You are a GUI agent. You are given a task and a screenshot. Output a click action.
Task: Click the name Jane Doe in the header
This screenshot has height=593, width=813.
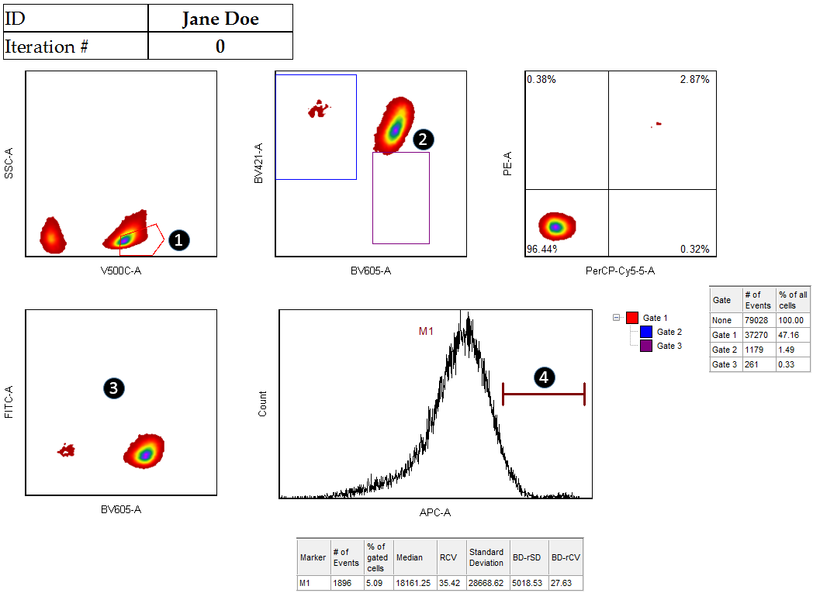[220, 19]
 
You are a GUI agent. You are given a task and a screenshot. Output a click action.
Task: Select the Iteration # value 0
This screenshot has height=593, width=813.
[220, 47]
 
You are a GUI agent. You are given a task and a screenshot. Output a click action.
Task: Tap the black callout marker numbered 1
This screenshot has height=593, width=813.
[178, 240]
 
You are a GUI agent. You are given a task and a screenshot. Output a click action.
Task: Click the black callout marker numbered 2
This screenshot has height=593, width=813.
[423, 139]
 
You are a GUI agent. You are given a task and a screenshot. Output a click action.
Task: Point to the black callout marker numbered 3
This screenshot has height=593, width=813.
[114, 389]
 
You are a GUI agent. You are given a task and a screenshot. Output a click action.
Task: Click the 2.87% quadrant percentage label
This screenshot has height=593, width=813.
[694, 80]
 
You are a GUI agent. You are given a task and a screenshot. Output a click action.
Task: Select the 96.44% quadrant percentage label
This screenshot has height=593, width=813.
[542, 249]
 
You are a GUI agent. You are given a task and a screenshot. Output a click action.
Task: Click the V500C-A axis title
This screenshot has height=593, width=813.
[121, 271]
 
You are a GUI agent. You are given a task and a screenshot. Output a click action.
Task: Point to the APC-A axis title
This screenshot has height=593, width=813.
[434, 512]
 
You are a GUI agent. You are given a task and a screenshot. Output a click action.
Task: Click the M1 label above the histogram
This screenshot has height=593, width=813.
[427, 331]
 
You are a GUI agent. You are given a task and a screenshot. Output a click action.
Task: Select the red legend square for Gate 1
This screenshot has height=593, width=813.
[632, 318]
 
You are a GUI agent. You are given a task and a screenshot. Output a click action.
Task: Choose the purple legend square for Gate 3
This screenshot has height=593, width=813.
[646, 346]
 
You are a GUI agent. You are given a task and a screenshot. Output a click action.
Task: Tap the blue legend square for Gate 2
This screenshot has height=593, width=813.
[646, 332]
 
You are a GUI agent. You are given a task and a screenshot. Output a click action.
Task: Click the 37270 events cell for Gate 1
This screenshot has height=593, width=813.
[756, 335]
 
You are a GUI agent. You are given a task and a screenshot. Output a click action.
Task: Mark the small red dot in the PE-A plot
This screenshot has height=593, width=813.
[658, 123]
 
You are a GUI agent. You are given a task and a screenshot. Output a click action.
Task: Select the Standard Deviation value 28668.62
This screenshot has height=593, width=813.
[486, 583]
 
